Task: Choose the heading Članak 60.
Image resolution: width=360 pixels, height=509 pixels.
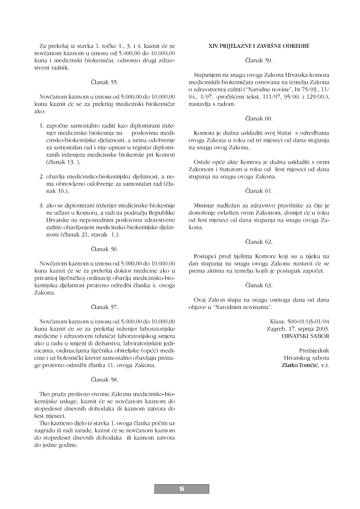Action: point(258,118)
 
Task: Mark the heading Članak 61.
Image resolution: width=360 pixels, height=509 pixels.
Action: point(258,191)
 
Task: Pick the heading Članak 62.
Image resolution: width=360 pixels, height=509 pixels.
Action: point(258,242)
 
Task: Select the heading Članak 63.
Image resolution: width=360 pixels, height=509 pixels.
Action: point(258,285)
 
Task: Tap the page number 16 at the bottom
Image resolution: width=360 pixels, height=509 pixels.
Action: point(181,489)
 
